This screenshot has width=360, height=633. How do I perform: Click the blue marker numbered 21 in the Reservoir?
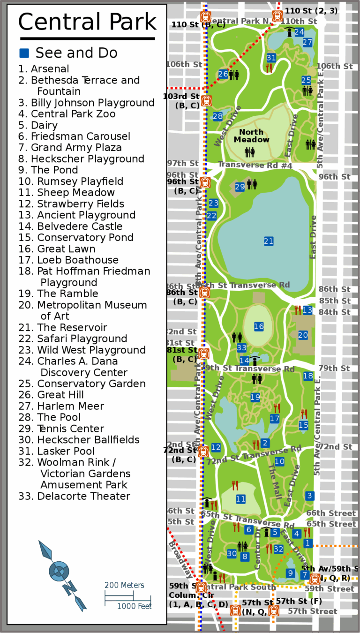(x=268, y=241)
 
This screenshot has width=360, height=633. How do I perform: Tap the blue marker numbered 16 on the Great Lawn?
(x=259, y=326)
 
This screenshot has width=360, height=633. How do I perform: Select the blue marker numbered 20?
(x=303, y=335)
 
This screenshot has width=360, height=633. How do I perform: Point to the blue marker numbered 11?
(x=240, y=499)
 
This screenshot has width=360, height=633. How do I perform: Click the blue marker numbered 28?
(x=218, y=116)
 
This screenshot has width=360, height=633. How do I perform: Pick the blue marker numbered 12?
(x=216, y=448)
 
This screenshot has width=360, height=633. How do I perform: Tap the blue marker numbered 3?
(x=309, y=496)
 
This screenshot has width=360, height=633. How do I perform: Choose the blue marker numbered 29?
(x=240, y=187)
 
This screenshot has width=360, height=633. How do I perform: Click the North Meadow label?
(x=252, y=136)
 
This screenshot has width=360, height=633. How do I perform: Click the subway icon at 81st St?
(x=203, y=354)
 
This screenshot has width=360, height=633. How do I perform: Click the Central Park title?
(x=87, y=22)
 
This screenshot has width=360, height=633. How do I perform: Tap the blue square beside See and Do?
(x=24, y=53)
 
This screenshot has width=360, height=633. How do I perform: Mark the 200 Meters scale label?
(x=124, y=585)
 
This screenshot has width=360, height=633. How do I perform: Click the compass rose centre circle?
(x=59, y=571)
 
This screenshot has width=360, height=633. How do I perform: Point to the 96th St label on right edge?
(x=334, y=177)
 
